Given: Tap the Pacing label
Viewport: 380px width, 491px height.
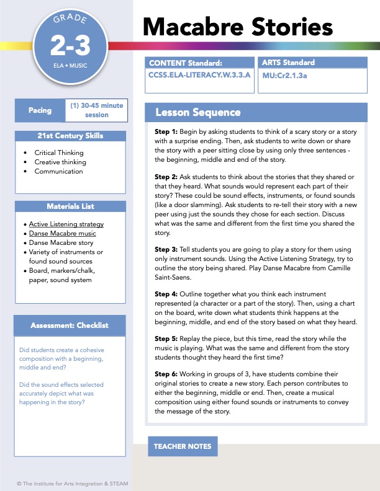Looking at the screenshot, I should click(x=40, y=110).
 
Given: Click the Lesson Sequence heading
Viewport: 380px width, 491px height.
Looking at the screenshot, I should click(x=198, y=112).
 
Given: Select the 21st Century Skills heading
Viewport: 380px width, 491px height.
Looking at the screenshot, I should click(x=70, y=136).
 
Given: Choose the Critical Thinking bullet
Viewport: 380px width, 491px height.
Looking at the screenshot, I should click(x=59, y=153).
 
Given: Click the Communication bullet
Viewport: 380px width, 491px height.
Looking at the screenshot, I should click(x=59, y=171).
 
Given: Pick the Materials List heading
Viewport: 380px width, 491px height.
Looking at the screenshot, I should click(x=70, y=206).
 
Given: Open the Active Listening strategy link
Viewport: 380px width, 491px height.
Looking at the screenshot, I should click(x=66, y=224).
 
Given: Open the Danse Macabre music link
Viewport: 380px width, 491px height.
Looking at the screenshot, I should click(x=62, y=234).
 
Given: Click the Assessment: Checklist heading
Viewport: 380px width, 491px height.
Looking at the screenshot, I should click(x=70, y=325).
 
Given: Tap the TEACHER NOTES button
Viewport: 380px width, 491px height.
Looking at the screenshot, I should click(x=183, y=446).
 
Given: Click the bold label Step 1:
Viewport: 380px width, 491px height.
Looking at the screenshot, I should click(x=166, y=132).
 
